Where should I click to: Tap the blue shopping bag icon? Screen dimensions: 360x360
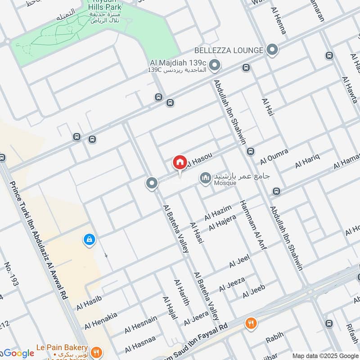89,240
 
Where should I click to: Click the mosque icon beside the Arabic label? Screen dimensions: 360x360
206,179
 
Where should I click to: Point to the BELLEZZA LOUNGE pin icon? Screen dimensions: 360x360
272,50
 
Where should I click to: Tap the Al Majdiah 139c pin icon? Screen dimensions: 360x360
215,67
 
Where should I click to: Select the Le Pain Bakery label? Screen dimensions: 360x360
63,347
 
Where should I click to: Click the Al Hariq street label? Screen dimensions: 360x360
307,161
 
